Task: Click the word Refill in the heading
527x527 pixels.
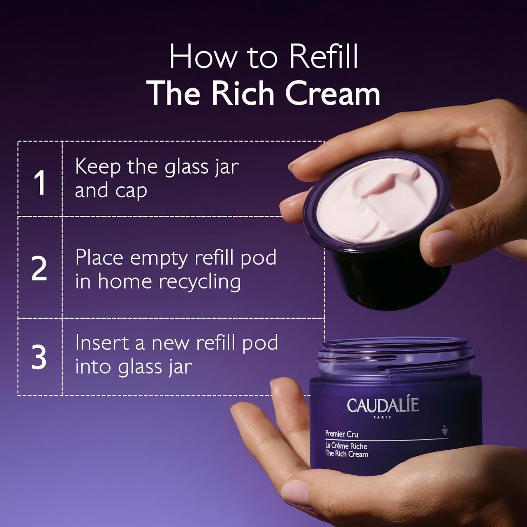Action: tap(324, 57)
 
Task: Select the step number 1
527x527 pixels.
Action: tap(39, 183)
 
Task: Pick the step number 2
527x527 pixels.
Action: tap(39, 268)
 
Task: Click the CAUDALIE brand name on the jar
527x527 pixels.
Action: tap(383, 405)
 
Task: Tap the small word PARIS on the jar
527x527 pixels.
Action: tap(382, 417)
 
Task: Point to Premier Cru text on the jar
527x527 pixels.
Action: tap(341, 434)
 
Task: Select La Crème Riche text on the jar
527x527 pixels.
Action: tap(346, 446)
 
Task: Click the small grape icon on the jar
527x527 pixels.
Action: tap(445, 430)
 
